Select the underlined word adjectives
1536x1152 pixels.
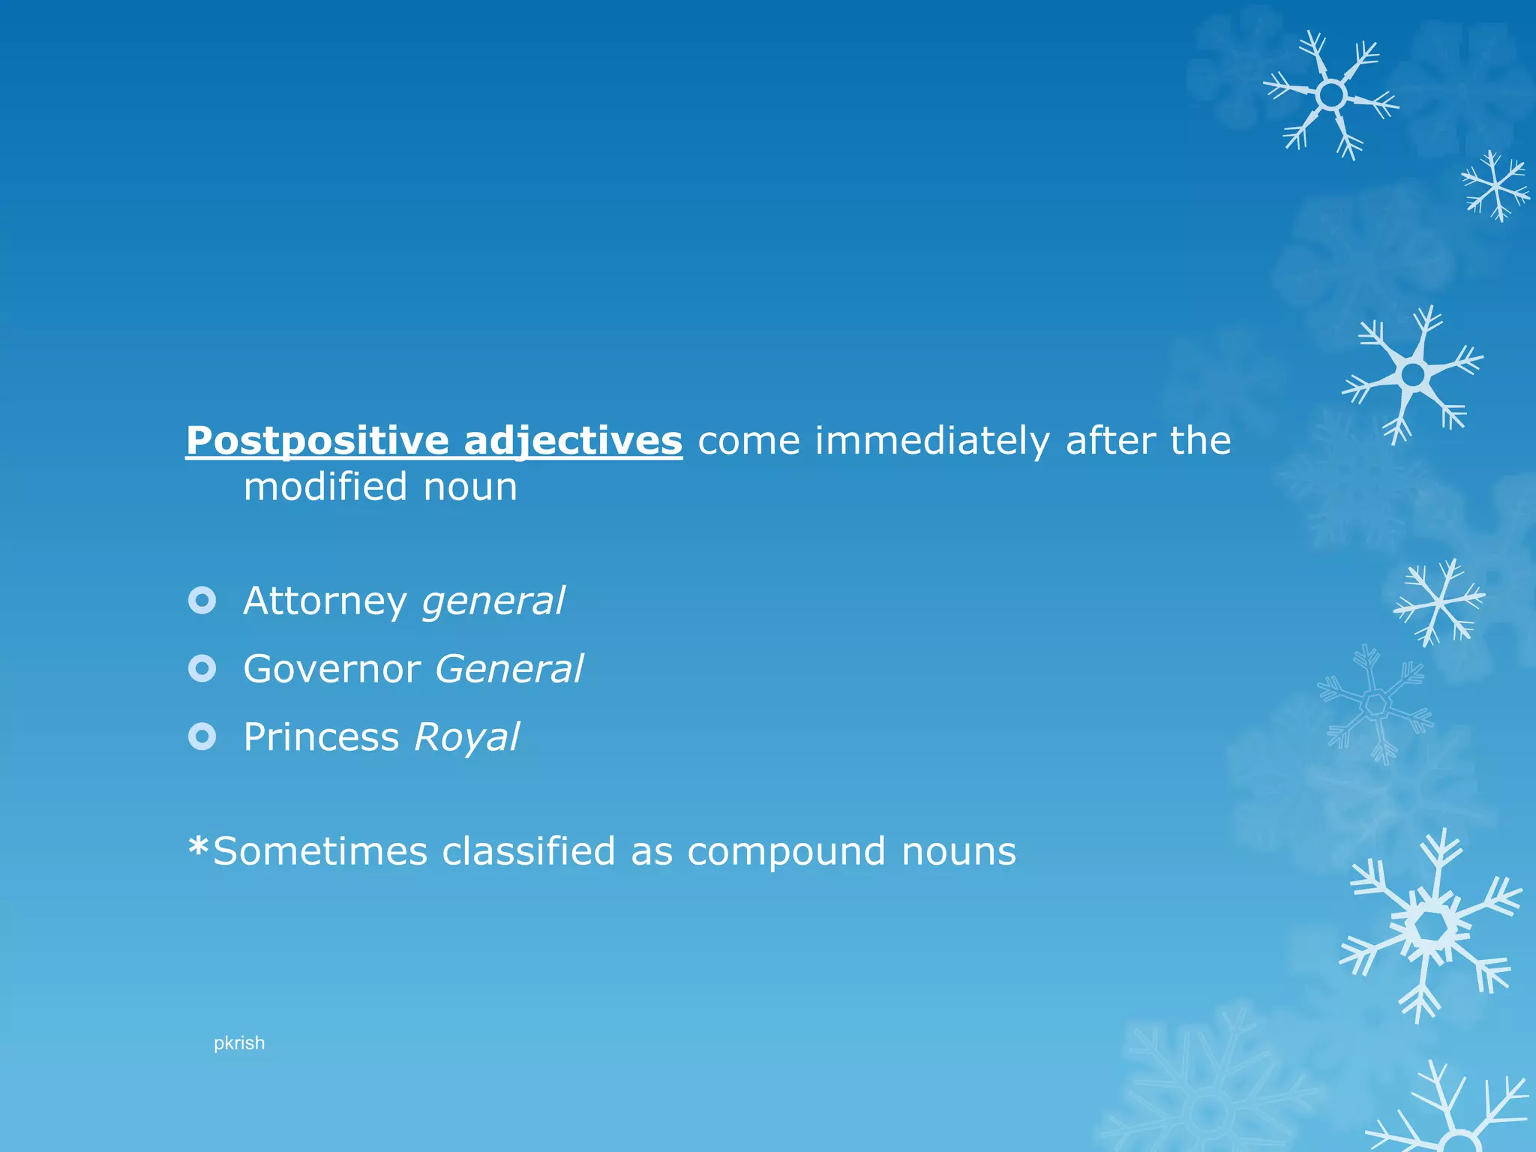pyautogui.click(x=573, y=441)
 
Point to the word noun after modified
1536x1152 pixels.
pyautogui.click(x=470, y=487)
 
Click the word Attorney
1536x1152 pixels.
pyautogui.click(x=325, y=601)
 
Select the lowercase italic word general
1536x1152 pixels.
pyautogui.click(x=493, y=601)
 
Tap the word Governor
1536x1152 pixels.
pyautogui.click(x=331, y=669)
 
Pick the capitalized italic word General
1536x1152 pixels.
pyautogui.click(x=508, y=669)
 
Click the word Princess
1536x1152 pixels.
pyautogui.click(x=321, y=737)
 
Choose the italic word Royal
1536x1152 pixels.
pyautogui.click(x=466, y=737)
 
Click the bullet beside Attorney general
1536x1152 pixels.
pyautogui.click(x=202, y=600)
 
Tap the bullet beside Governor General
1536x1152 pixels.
pyautogui.click(x=202, y=668)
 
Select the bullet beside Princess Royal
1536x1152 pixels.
pyautogui.click(x=202, y=736)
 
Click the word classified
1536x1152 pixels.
pyautogui.click(x=529, y=851)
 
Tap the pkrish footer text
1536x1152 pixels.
pyautogui.click(x=239, y=1043)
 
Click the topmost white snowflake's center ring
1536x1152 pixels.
pyautogui.click(x=1331, y=95)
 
